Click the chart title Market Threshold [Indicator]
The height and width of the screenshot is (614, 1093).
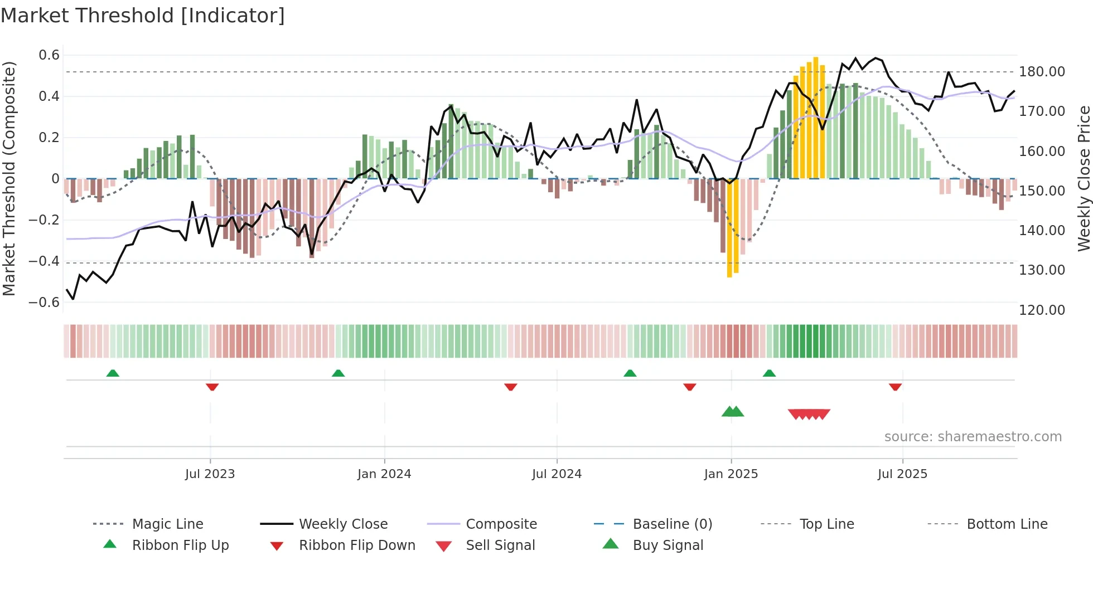pos(143,16)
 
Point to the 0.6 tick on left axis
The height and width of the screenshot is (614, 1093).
pos(49,55)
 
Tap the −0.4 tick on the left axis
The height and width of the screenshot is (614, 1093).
pos(44,261)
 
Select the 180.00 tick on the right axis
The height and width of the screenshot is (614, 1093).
pos(1042,72)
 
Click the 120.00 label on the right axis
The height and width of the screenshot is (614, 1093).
pos(1042,310)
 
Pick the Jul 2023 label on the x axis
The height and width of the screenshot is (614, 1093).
pos(210,474)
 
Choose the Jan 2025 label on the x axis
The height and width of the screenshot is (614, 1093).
pos(731,474)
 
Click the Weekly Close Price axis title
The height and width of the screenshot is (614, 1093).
pos(1084,178)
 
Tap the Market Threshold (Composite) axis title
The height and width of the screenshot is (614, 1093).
pos(9,178)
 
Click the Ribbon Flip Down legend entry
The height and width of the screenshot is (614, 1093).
pos(357,545)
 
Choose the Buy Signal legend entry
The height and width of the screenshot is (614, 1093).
pos(668,545)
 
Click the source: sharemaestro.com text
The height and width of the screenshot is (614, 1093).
pos(973,437)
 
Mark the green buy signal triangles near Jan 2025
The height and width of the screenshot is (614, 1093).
pos(733,412)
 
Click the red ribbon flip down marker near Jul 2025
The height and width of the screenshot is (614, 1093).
pos(895,387)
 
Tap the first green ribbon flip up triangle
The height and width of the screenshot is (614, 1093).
pos(113,373)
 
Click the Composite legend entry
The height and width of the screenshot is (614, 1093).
pos(501,524)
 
